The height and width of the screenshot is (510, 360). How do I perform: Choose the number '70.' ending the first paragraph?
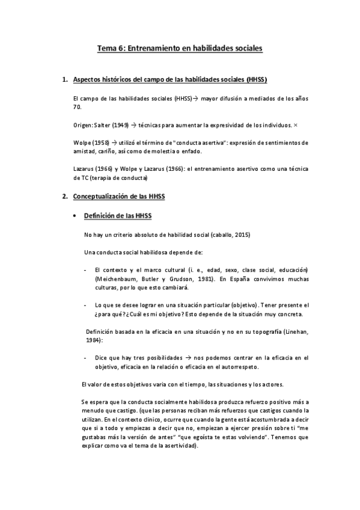pyautogui.click(x=76, y=106)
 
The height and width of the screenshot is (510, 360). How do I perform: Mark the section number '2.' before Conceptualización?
pyautogui.click(x=66, y=196)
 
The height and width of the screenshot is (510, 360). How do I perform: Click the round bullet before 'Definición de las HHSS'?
pyautogui.click(x=74, y=215)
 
